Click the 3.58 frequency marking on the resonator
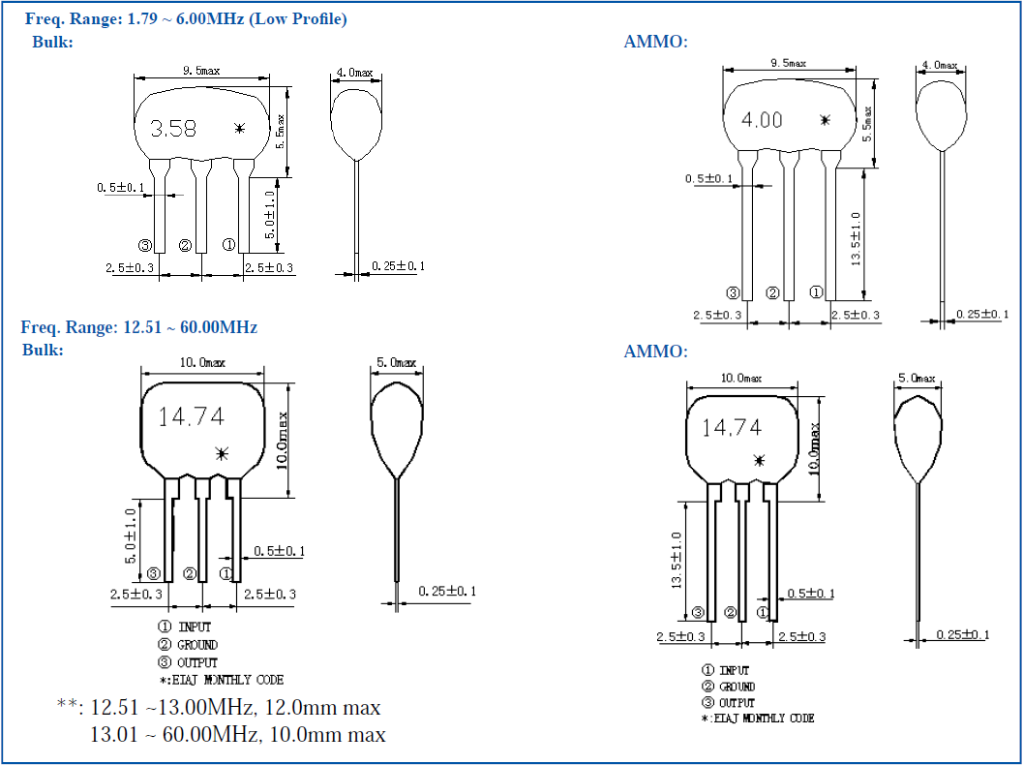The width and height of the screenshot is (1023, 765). coord(173,128)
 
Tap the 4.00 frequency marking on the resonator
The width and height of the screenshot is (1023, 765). coord(762,120)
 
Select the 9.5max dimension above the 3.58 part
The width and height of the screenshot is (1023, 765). coord(201,71)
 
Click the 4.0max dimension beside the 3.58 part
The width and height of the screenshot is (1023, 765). coord(354,73)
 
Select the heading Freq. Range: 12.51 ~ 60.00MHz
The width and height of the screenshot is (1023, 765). coord(139,327)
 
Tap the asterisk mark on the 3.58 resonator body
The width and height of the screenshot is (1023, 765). coord(240,128)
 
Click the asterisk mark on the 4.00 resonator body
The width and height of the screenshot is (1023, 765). coord(825,120)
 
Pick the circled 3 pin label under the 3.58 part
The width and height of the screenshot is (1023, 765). coord(145,245)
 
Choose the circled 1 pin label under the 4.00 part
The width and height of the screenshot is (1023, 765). coord(816,291)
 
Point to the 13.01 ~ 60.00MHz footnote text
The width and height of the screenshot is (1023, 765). coord(174,735)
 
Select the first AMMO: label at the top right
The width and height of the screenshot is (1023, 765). coord(655,42)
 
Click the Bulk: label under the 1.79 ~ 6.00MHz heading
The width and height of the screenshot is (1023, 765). coord(52,42)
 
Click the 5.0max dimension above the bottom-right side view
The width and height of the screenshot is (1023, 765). coord(916,378)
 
